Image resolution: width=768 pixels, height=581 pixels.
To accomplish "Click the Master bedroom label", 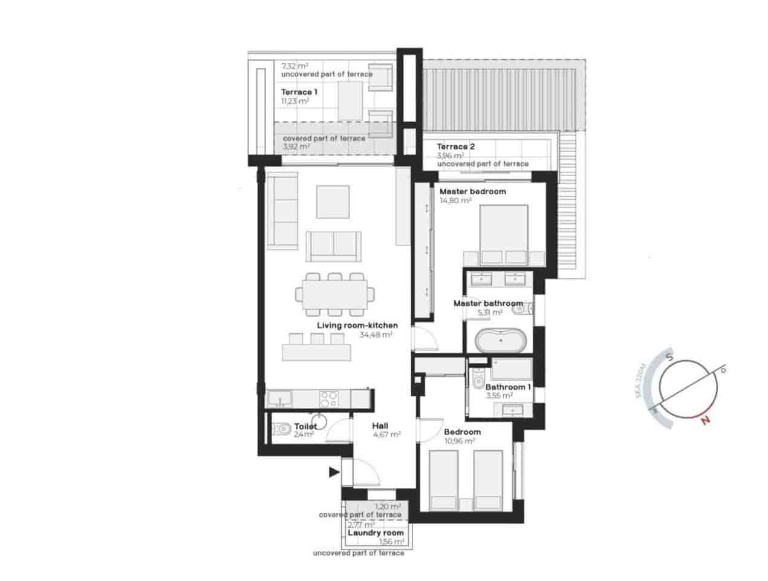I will (472, 191).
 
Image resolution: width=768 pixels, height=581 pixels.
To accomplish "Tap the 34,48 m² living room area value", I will (376, 334).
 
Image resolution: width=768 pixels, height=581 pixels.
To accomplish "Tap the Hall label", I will (380, 425).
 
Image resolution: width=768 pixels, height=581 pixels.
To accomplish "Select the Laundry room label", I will (376, 533).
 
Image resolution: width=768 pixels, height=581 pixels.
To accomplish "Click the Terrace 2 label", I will (456, 146).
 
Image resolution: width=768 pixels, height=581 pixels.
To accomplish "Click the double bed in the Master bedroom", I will (504, 235).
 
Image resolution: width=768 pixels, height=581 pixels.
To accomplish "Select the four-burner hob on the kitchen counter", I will (328, 399).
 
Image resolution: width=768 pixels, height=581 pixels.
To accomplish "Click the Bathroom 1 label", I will (508, 387).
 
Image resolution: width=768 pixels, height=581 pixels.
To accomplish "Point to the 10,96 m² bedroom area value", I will (459, 441).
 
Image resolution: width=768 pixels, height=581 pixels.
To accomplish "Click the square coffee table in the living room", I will (333, 202).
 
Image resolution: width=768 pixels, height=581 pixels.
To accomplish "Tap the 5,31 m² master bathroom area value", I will (490, 312).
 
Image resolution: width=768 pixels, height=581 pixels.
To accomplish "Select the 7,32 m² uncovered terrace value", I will (295, 65).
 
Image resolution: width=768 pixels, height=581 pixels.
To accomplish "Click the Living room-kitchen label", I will (357, 326).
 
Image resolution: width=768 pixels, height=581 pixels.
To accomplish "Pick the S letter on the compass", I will (670, 357).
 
